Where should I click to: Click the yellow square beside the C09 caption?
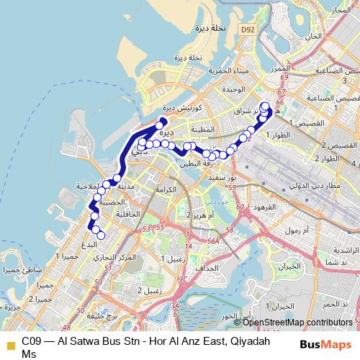pyautogui.click(x=9, y=343)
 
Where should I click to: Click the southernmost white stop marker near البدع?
pyautogui.click(x=101, y=235)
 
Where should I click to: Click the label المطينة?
pyautogui.click(x=204, y=130)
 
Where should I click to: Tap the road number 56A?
pyautogui.click(x=214, y=244)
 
